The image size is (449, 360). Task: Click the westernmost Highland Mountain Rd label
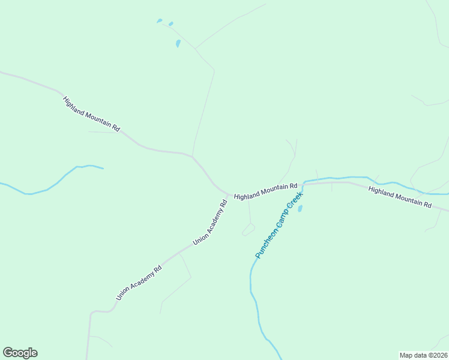[x=91, y=114]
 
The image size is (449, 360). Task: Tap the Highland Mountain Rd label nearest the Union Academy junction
[x=265, y=192]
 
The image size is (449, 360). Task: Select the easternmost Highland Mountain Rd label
[x=400, y=197]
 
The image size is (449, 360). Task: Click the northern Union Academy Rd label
[x=210, y=223]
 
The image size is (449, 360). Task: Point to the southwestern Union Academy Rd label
[x=139, y=283]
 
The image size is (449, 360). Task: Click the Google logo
[x=20, y=353]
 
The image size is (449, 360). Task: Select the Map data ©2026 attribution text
[x=424, y=355]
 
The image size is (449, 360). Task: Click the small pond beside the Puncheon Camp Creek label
[x=300, y=208]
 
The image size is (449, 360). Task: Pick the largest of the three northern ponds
[x=178, y=43]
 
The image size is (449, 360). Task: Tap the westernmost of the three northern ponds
[x=159, y=21]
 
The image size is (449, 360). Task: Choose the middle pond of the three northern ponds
[x=171, y=24]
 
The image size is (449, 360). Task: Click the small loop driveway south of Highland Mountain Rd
[x=249, y=229]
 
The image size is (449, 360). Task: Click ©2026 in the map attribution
[x=436, y=355]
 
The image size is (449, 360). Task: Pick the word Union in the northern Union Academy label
[x=197, y=239]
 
